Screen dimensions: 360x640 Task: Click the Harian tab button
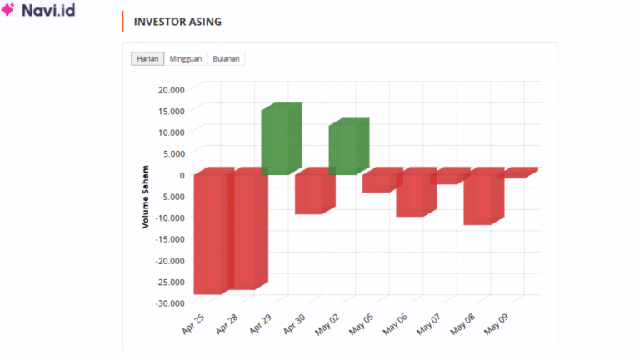pyautogui.click(x=147, y=59)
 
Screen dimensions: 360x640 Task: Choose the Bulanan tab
pyautogui.click(x=227, y=59)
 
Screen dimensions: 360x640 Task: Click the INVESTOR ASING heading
pyautogui.click(x=177, y=22)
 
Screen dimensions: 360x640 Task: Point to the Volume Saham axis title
pyautogui.click(x=145, y=196)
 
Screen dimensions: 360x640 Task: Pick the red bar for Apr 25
pyautogui.click(x=210, y=233)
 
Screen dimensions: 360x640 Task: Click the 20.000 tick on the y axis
pyautogui.click(x=170, y=89)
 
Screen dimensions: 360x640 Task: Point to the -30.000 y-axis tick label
pyautogui.click(x=168, y=303)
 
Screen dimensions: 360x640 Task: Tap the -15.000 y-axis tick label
pyautogui.click(x=168, y=239)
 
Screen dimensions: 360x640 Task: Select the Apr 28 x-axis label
pyautogui.click(x=227, y=323)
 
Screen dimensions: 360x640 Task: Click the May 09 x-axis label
pyautogui.click(x=498, y=323)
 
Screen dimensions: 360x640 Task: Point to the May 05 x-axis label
pyautogui.click(x=362, y=323)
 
